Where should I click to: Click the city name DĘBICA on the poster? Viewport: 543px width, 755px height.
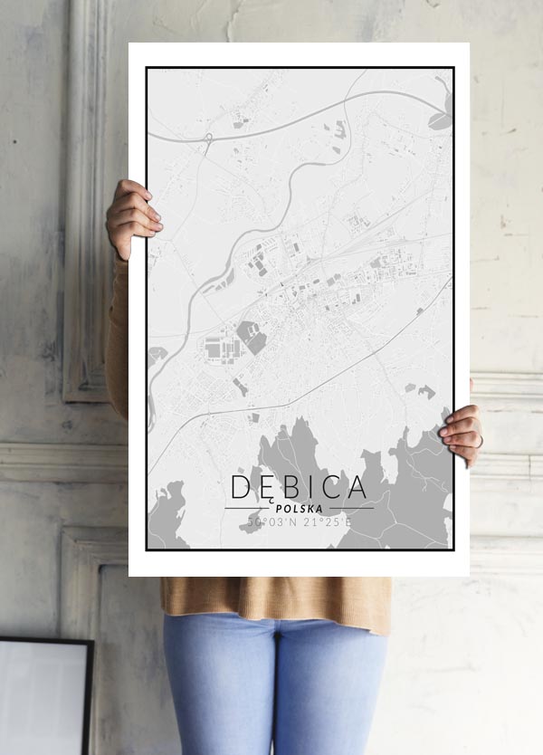(x=299, y=487)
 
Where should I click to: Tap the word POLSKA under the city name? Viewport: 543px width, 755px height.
(x=299, y=509)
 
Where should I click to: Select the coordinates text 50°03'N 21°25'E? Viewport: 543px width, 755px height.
(x=299, y=522)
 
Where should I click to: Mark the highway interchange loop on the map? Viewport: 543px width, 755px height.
(x=208, y=139)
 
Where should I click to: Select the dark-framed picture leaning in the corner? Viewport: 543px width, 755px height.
(x=45, y=695)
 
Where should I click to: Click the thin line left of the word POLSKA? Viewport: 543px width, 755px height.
(x=245, y=509)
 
